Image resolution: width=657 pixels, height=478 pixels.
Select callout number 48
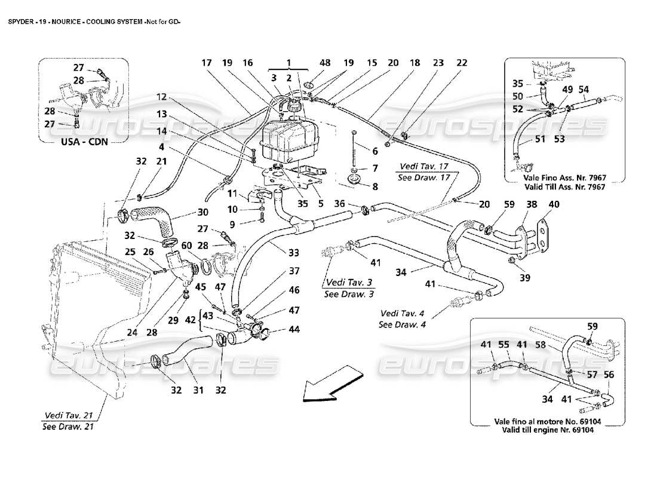tap(308, 62)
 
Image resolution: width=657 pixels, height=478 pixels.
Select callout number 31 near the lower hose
tap(198, 390)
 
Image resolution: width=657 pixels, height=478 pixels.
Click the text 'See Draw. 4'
tap(402, 324)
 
